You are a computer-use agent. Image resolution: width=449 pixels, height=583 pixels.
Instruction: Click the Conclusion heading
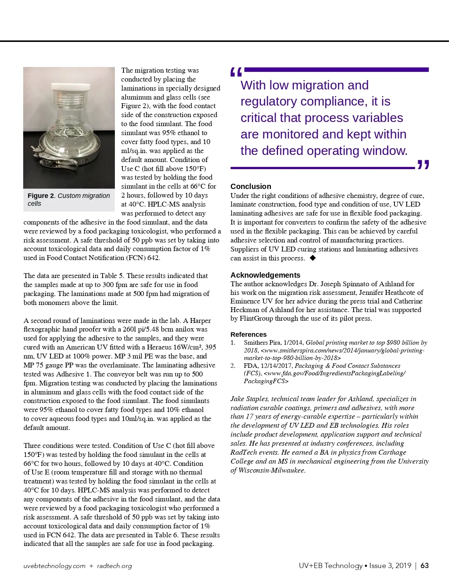(x=251, y=186)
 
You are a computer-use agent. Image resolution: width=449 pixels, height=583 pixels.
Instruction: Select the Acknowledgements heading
(x=265, y=275)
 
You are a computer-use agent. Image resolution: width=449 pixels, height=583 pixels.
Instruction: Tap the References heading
(x=248, y=335)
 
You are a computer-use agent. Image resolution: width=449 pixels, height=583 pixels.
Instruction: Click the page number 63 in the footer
(x=425, y=565)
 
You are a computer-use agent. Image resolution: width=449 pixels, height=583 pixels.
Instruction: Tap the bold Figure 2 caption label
(x=41, y=196)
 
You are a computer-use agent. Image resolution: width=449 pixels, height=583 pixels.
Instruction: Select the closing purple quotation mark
(x=423, y=165)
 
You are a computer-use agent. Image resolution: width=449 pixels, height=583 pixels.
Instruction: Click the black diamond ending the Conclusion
(x=313, y=258)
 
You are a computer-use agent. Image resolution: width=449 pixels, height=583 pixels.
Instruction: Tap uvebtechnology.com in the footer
(x=54, y=566)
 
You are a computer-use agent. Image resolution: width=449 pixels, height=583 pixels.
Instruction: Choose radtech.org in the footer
(x=114, y=566)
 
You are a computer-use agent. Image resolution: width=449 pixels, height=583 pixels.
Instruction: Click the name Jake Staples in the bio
(x=249, y=399)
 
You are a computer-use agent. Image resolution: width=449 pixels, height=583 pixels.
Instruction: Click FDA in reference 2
(x=250, y=366)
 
